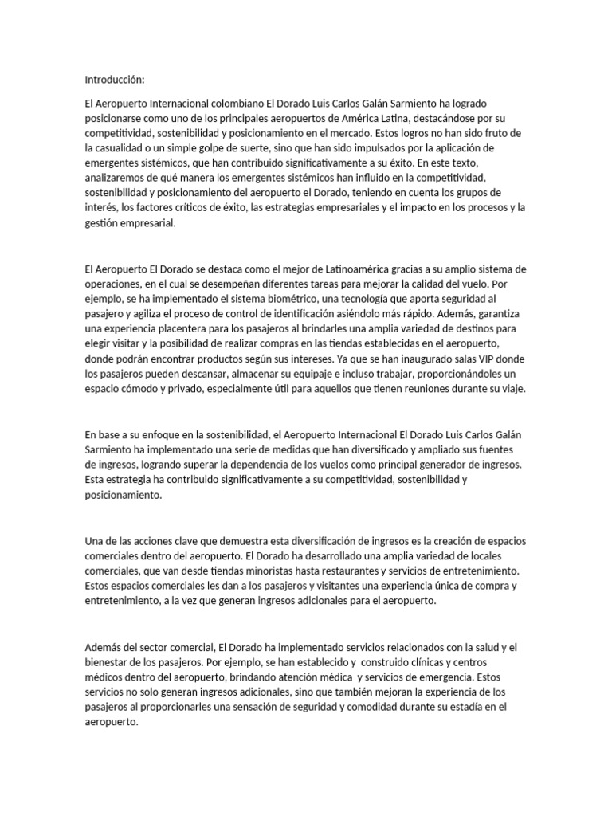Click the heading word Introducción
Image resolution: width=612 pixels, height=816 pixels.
point(115,80)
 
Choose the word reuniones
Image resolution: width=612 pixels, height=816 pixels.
point(431,390)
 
